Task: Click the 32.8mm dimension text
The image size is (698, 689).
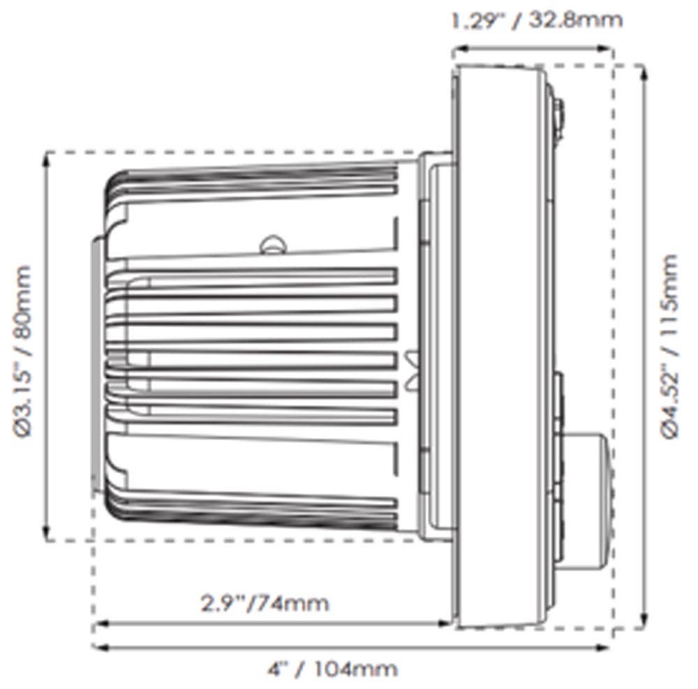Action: click(x=575, y=20)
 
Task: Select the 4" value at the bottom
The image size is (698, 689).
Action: click(x=279, y=669)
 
